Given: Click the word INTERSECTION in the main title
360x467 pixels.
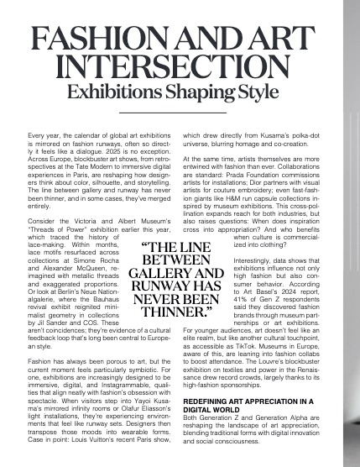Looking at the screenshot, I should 180,65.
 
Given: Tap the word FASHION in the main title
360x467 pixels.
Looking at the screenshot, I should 93,38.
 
